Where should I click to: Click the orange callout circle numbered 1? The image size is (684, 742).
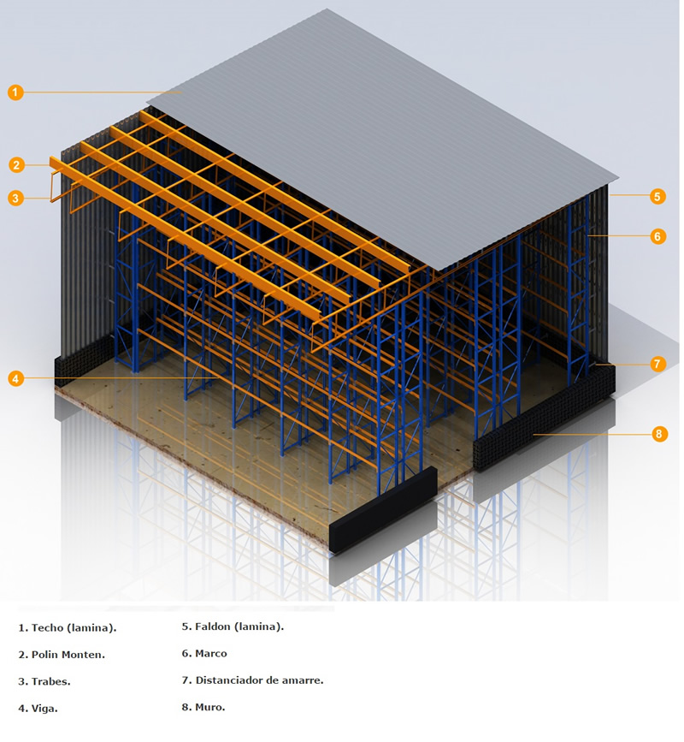15,92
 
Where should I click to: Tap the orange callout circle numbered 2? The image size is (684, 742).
16,164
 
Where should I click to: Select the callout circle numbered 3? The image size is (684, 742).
15,198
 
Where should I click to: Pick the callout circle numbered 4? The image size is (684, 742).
15,378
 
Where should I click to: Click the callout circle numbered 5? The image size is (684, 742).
657,196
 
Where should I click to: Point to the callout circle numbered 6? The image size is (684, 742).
657,235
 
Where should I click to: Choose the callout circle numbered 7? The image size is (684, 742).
657,364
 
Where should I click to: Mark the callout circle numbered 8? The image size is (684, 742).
659,433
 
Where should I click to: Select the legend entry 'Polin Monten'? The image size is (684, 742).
68,655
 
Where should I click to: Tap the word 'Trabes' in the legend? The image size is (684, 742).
50,681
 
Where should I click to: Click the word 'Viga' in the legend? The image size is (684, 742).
44,709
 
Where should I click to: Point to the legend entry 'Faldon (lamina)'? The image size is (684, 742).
239,626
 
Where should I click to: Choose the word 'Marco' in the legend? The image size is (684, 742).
211,654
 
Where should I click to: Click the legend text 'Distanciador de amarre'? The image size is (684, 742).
258,680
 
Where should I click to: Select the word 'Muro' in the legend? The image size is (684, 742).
209,707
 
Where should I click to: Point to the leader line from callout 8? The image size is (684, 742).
593,433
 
